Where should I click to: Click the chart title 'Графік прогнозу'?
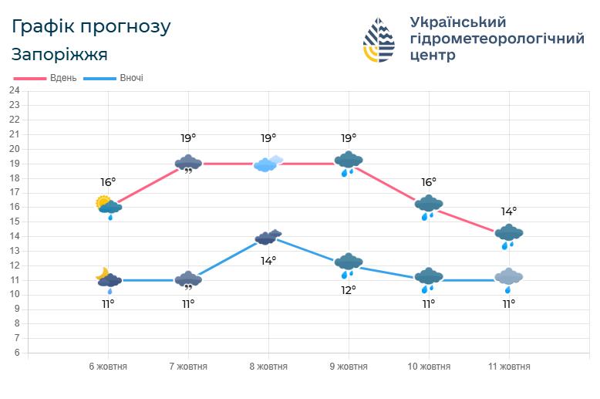click(x=91, y=27)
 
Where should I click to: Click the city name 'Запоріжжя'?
click(x=59, y=55)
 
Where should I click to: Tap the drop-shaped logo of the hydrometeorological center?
click(x=379, y=39)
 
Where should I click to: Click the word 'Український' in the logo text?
click(x=457, y=22)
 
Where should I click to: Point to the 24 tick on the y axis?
click(x=14, y=90)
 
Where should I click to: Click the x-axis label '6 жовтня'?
click(x=108, y=367)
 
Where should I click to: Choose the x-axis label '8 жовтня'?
click(x=268, y=367)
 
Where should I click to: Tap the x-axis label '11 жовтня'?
click(x=508, y=367)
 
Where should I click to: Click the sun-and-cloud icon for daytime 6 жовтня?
click(x=108, y=206)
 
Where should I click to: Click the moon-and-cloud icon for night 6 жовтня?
click(x=108, y=279)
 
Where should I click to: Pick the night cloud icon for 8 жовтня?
click(x=268, y=237)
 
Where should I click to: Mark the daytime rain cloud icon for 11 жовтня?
click(x=508, y=235)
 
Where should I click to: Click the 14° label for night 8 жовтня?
click(x=268, y=261)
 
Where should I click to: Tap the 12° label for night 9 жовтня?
click(x=349, y=290)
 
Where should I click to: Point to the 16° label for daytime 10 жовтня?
click(x=428, y=182)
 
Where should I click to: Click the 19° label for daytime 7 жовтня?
click(x=188, y=138)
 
